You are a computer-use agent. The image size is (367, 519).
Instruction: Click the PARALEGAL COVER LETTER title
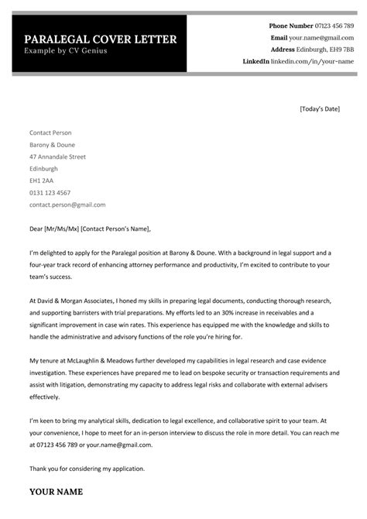100,40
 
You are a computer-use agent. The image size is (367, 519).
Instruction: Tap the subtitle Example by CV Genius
66,51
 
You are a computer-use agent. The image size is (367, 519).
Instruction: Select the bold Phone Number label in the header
291,26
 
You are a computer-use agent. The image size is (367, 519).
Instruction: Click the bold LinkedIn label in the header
256,61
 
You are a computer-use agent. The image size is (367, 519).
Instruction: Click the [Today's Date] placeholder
319,109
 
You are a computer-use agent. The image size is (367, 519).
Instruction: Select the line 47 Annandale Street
57,156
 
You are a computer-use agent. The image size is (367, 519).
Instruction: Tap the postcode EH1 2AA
42,180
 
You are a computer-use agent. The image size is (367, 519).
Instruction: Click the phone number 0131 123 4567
50,193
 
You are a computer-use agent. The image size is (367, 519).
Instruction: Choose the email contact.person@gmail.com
67,205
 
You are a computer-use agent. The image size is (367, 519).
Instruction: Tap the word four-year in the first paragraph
44,264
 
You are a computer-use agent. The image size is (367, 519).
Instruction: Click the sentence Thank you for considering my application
87,469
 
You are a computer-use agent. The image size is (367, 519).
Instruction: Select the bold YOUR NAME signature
56,491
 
